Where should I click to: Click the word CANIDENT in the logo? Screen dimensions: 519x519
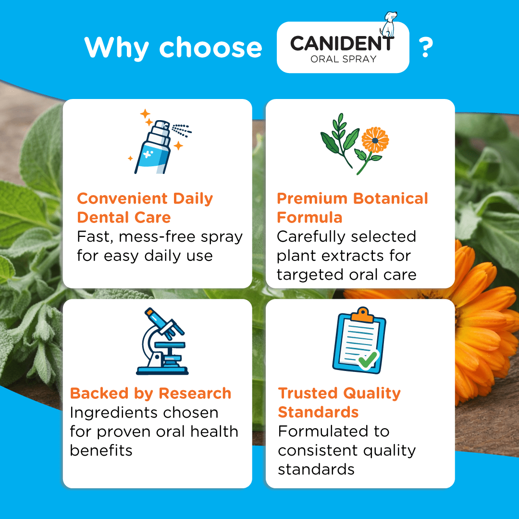tap(341, 44)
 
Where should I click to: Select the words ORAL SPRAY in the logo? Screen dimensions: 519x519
tap(343, 60)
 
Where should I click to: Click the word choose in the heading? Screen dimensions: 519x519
tap(210, 47)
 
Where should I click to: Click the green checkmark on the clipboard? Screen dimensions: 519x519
tap(368, 359)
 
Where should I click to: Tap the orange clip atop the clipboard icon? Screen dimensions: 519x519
tap(362, 315)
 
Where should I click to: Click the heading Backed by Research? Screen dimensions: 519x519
tap(150, 394)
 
